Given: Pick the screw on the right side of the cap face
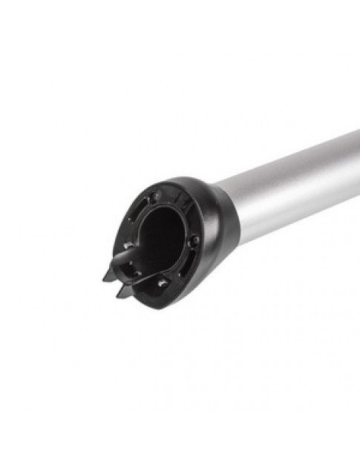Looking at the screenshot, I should click(x=194, y=241).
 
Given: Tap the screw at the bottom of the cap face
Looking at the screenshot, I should click(x=161, y=283).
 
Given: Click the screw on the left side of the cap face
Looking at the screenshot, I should click(x=128, y=245).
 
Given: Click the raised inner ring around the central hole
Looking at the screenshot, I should click(x=183, y=223).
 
